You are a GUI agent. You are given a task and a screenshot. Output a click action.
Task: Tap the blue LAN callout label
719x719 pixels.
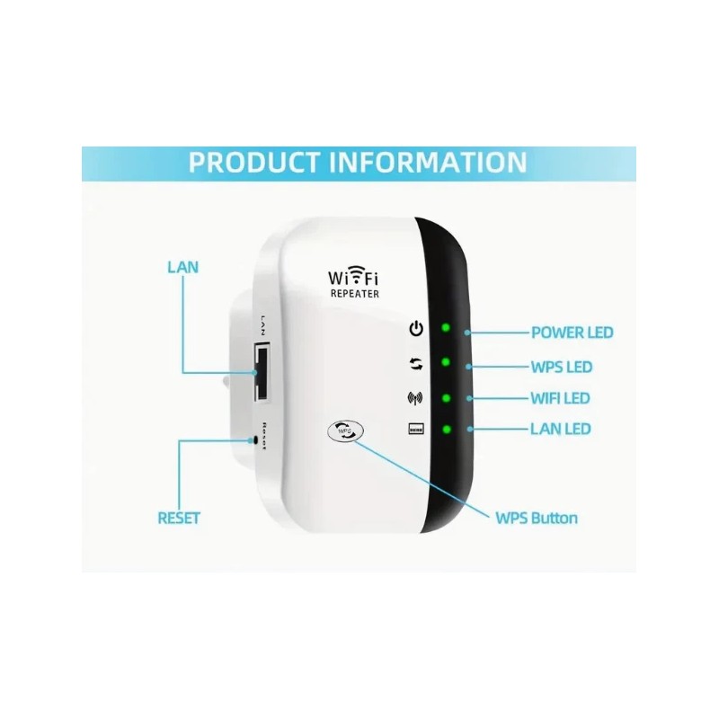point(182,267)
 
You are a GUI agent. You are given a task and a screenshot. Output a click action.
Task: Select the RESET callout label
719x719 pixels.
point(179,518)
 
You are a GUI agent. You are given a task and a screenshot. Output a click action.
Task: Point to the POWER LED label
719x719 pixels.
point(572,333)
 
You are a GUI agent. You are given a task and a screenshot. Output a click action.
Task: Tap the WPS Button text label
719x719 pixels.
point(537,518)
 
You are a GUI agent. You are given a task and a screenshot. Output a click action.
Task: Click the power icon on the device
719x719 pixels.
point(415,328)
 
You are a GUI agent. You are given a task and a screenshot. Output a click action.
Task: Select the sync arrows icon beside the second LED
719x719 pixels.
point(415,364)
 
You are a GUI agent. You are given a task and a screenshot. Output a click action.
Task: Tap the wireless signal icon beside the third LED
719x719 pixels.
point(415,396)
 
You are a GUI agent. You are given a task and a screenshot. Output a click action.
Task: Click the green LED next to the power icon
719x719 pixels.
point(445,327)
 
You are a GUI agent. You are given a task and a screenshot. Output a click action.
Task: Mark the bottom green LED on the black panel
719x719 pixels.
point(445,429)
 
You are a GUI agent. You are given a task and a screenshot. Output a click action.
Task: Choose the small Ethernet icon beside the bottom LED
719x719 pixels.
point(415,429)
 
